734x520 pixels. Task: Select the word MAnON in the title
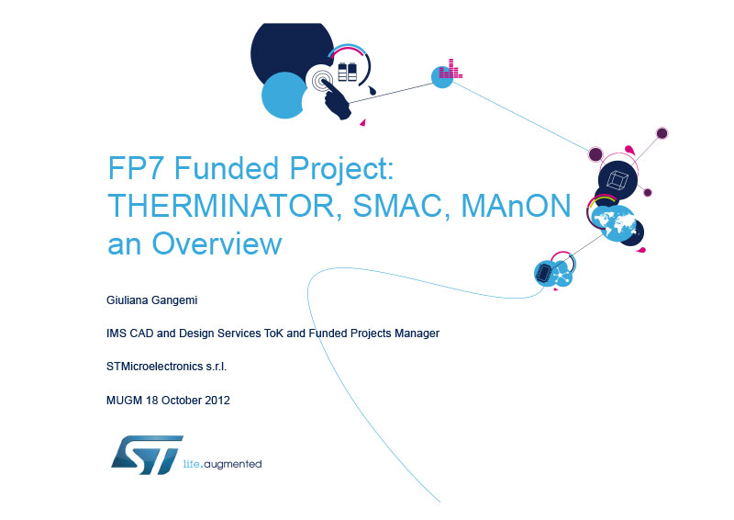(516, 206)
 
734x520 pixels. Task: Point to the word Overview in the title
(217, 243)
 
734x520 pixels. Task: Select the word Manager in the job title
(417, 333)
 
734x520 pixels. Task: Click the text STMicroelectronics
(155, 367)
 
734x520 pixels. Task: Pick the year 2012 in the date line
(217, 400)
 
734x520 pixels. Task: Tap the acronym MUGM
(125, 400)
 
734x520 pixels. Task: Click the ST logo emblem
(147, 456)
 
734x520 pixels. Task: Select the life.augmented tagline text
(222, 464)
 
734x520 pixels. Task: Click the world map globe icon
(613, 223)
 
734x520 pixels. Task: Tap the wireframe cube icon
(617, 180)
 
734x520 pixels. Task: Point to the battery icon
(348, 72)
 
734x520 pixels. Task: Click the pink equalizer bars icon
(450, 69)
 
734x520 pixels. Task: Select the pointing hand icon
(335, 99)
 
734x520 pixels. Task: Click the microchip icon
(544, 274)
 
